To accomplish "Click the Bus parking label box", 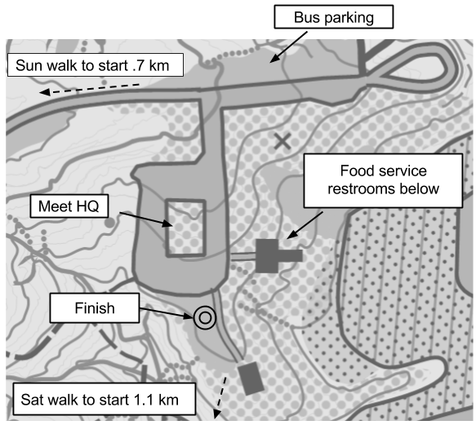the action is tap(334, 17).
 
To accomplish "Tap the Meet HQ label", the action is tap(69, 206).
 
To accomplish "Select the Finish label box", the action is tap(95, 308).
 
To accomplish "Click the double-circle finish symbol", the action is tap(205, 318).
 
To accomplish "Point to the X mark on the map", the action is tap(282, 141).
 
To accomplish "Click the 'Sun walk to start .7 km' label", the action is tap(96, 65).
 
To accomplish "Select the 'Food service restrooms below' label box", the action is tap(383, 180).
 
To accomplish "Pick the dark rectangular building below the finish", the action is tap(251, 379).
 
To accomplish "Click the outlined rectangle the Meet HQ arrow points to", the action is tap(185, 228).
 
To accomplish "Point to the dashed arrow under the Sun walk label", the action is tap(89, 89).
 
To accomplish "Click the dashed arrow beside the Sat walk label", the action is tap(220, 397).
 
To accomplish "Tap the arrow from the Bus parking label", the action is tap(288, 47).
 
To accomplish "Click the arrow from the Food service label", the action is tap(305, 225).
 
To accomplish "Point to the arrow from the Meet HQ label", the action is tap(146, 219).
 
